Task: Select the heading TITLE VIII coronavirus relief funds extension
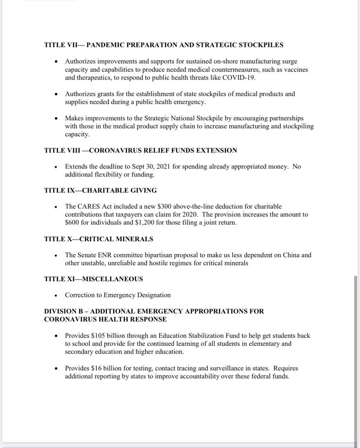(140, 150)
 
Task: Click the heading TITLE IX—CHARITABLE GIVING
(100, 190)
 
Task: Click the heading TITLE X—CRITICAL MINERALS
(99, 239)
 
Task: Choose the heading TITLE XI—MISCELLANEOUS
(93, 279)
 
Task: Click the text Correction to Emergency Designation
(118, 295)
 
